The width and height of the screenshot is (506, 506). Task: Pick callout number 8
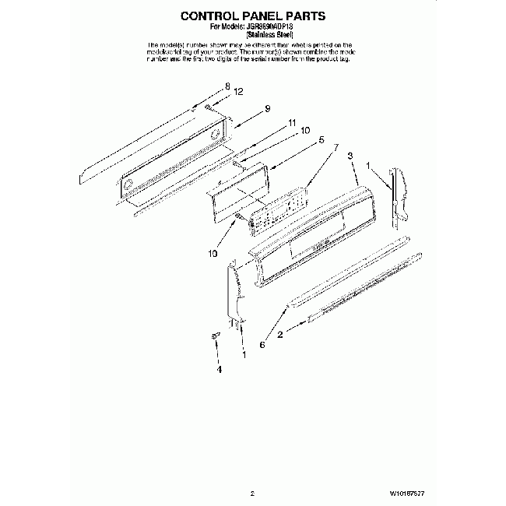tap(228, 86)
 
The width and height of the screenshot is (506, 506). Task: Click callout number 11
tap(291, 122)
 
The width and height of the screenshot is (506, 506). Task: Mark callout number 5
tap(321, 140)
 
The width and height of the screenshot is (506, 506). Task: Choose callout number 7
tap(336, 147)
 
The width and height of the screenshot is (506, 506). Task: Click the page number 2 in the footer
tap(253, 493)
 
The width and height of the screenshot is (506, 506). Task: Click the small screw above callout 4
tap(216, 335)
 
